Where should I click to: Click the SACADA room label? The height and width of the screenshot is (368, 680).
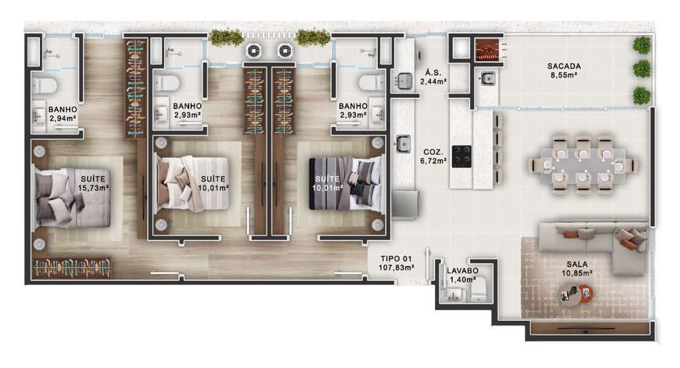(564, 66)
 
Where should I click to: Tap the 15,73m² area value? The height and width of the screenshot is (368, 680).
(93, 188)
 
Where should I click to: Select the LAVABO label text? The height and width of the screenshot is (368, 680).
(462, 271)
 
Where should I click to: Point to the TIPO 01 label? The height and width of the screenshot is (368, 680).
(396, 258)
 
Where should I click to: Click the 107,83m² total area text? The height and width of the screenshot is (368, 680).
(396, 268)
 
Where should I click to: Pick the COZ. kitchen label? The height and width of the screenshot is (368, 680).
(433, 152)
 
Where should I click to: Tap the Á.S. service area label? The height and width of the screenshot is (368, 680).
(433, 72)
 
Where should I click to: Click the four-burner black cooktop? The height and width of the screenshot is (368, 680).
(462, 156)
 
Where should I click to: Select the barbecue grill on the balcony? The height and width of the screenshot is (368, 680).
(488, 50)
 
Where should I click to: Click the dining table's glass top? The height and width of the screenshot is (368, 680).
(583, 165)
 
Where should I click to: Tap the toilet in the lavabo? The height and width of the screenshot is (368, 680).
(479, 291)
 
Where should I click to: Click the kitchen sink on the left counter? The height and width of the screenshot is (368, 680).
(403, 143)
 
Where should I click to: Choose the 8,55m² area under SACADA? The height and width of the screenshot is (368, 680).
(564, 75)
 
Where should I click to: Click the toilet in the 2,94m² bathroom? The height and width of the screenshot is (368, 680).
(44, 85)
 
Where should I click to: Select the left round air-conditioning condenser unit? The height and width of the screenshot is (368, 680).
(254, 50)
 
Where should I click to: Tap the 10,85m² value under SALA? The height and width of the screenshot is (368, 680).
(577, 273)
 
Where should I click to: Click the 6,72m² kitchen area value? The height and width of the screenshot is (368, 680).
(433, 161)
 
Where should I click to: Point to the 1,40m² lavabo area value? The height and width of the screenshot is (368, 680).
(462, 280)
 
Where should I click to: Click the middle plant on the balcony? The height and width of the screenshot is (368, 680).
(642, 70)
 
